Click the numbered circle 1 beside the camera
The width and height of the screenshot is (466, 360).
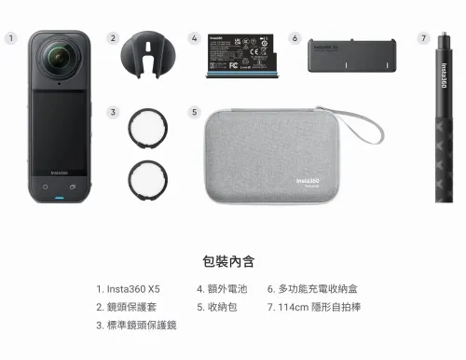(x=10, y=38)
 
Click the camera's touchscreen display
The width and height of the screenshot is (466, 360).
(x=58, y=131)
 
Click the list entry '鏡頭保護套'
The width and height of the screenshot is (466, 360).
(x=136, y=307)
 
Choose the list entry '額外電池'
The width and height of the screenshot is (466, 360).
(x=223, y=289)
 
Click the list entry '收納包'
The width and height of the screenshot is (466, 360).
(x=218, y=307)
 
